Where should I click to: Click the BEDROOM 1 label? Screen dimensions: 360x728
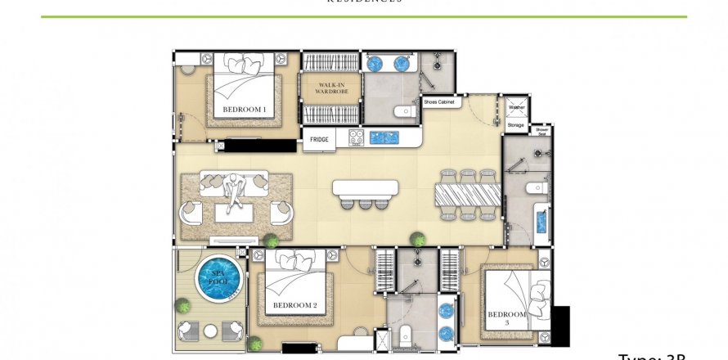(243, 109)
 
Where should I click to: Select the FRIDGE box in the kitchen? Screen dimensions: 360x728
(319, 139)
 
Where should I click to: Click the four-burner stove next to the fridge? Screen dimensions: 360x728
(356, 138)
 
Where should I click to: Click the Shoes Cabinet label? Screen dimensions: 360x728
(443, 102)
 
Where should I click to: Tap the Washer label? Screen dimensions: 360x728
(516, 107)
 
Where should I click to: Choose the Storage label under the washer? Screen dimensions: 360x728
(515, 125)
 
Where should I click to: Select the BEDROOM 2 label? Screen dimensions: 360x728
(294, 305)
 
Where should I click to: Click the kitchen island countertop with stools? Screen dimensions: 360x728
(366, 187)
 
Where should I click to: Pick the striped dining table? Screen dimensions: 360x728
(465, 195)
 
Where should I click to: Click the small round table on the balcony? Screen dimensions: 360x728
(209, 331)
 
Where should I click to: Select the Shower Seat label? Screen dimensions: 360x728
(541, 131)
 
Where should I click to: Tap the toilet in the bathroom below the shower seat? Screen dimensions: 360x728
(537, 188)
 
